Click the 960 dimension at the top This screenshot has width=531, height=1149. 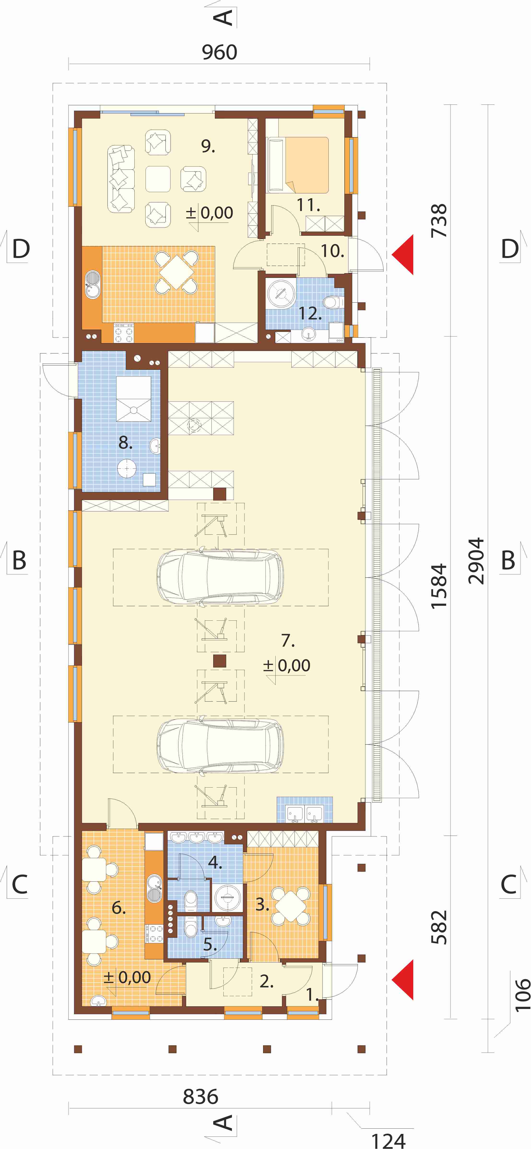[x=219, y=52]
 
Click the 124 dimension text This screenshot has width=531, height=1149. [x=388, y=1138]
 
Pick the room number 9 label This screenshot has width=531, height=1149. [x=208, y=146]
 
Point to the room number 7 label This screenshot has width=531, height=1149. [x=288, y=640]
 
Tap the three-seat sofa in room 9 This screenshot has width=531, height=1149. [x=120, y=178]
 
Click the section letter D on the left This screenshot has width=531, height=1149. [x=21, y=248]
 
